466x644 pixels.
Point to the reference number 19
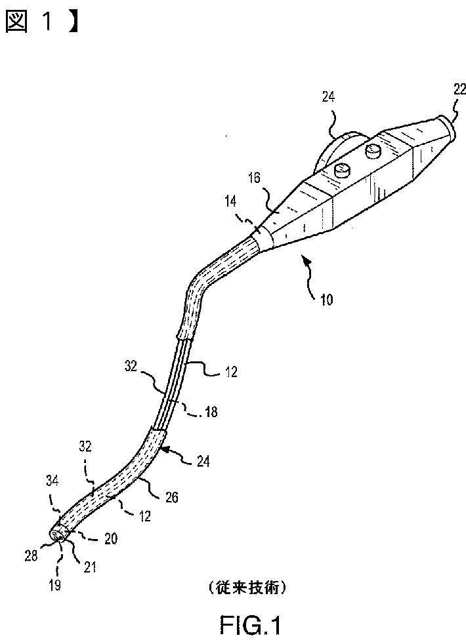point(56,585)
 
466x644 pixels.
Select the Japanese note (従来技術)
point(247,588)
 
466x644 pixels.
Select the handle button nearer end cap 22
point(375,151)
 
